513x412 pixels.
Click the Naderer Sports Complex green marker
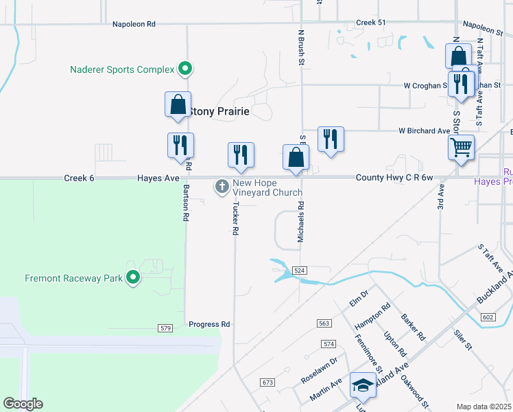tap(184, 69)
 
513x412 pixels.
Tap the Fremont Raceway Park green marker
tap(133, 278)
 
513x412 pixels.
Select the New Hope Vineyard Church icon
tap(222, 186)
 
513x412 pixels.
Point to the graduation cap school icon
tap(362, 385)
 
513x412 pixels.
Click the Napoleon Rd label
tap(134, 24)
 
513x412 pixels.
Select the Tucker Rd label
tap(235, 219)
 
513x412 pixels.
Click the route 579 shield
tap(165, 329)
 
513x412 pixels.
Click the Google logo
tap(23, 404)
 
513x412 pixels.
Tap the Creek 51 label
tap(371, 23)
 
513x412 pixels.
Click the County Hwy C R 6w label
tap(394, 178)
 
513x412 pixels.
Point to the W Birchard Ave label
tap(425, 130)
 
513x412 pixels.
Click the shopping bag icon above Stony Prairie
tap(178, 104)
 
